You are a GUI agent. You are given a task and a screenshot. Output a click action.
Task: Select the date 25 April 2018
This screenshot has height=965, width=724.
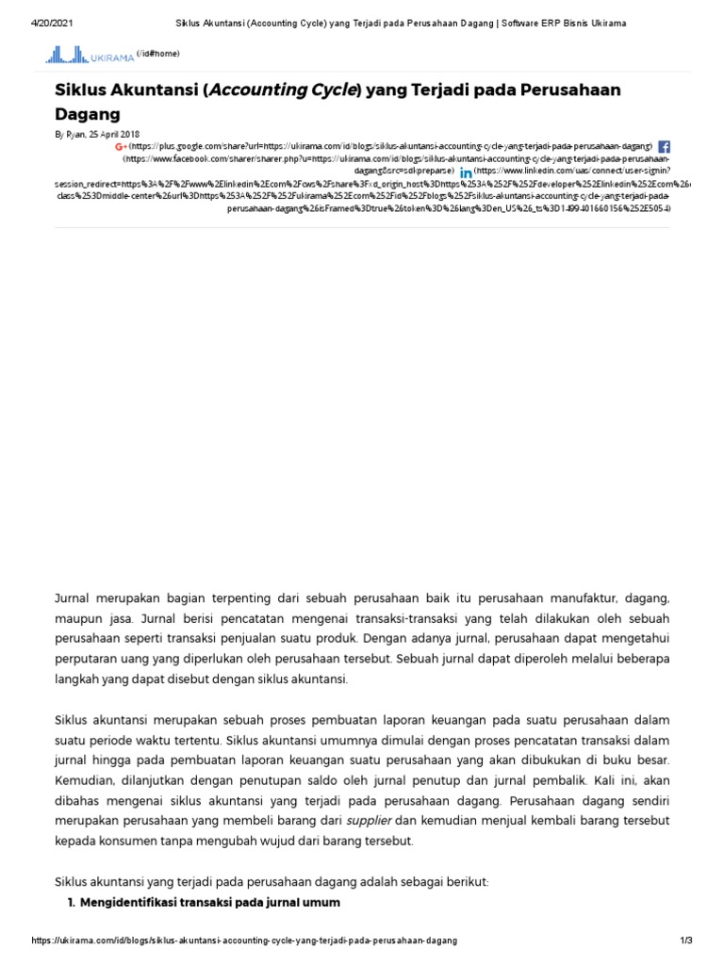pos(113,135)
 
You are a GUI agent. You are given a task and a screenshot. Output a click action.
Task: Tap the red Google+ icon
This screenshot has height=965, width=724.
pos(121,147)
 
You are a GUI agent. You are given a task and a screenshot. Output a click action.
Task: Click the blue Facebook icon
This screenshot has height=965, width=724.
pos(664,147)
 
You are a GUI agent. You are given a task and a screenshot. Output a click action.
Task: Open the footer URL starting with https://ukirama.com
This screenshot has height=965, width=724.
pos(244,941)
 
